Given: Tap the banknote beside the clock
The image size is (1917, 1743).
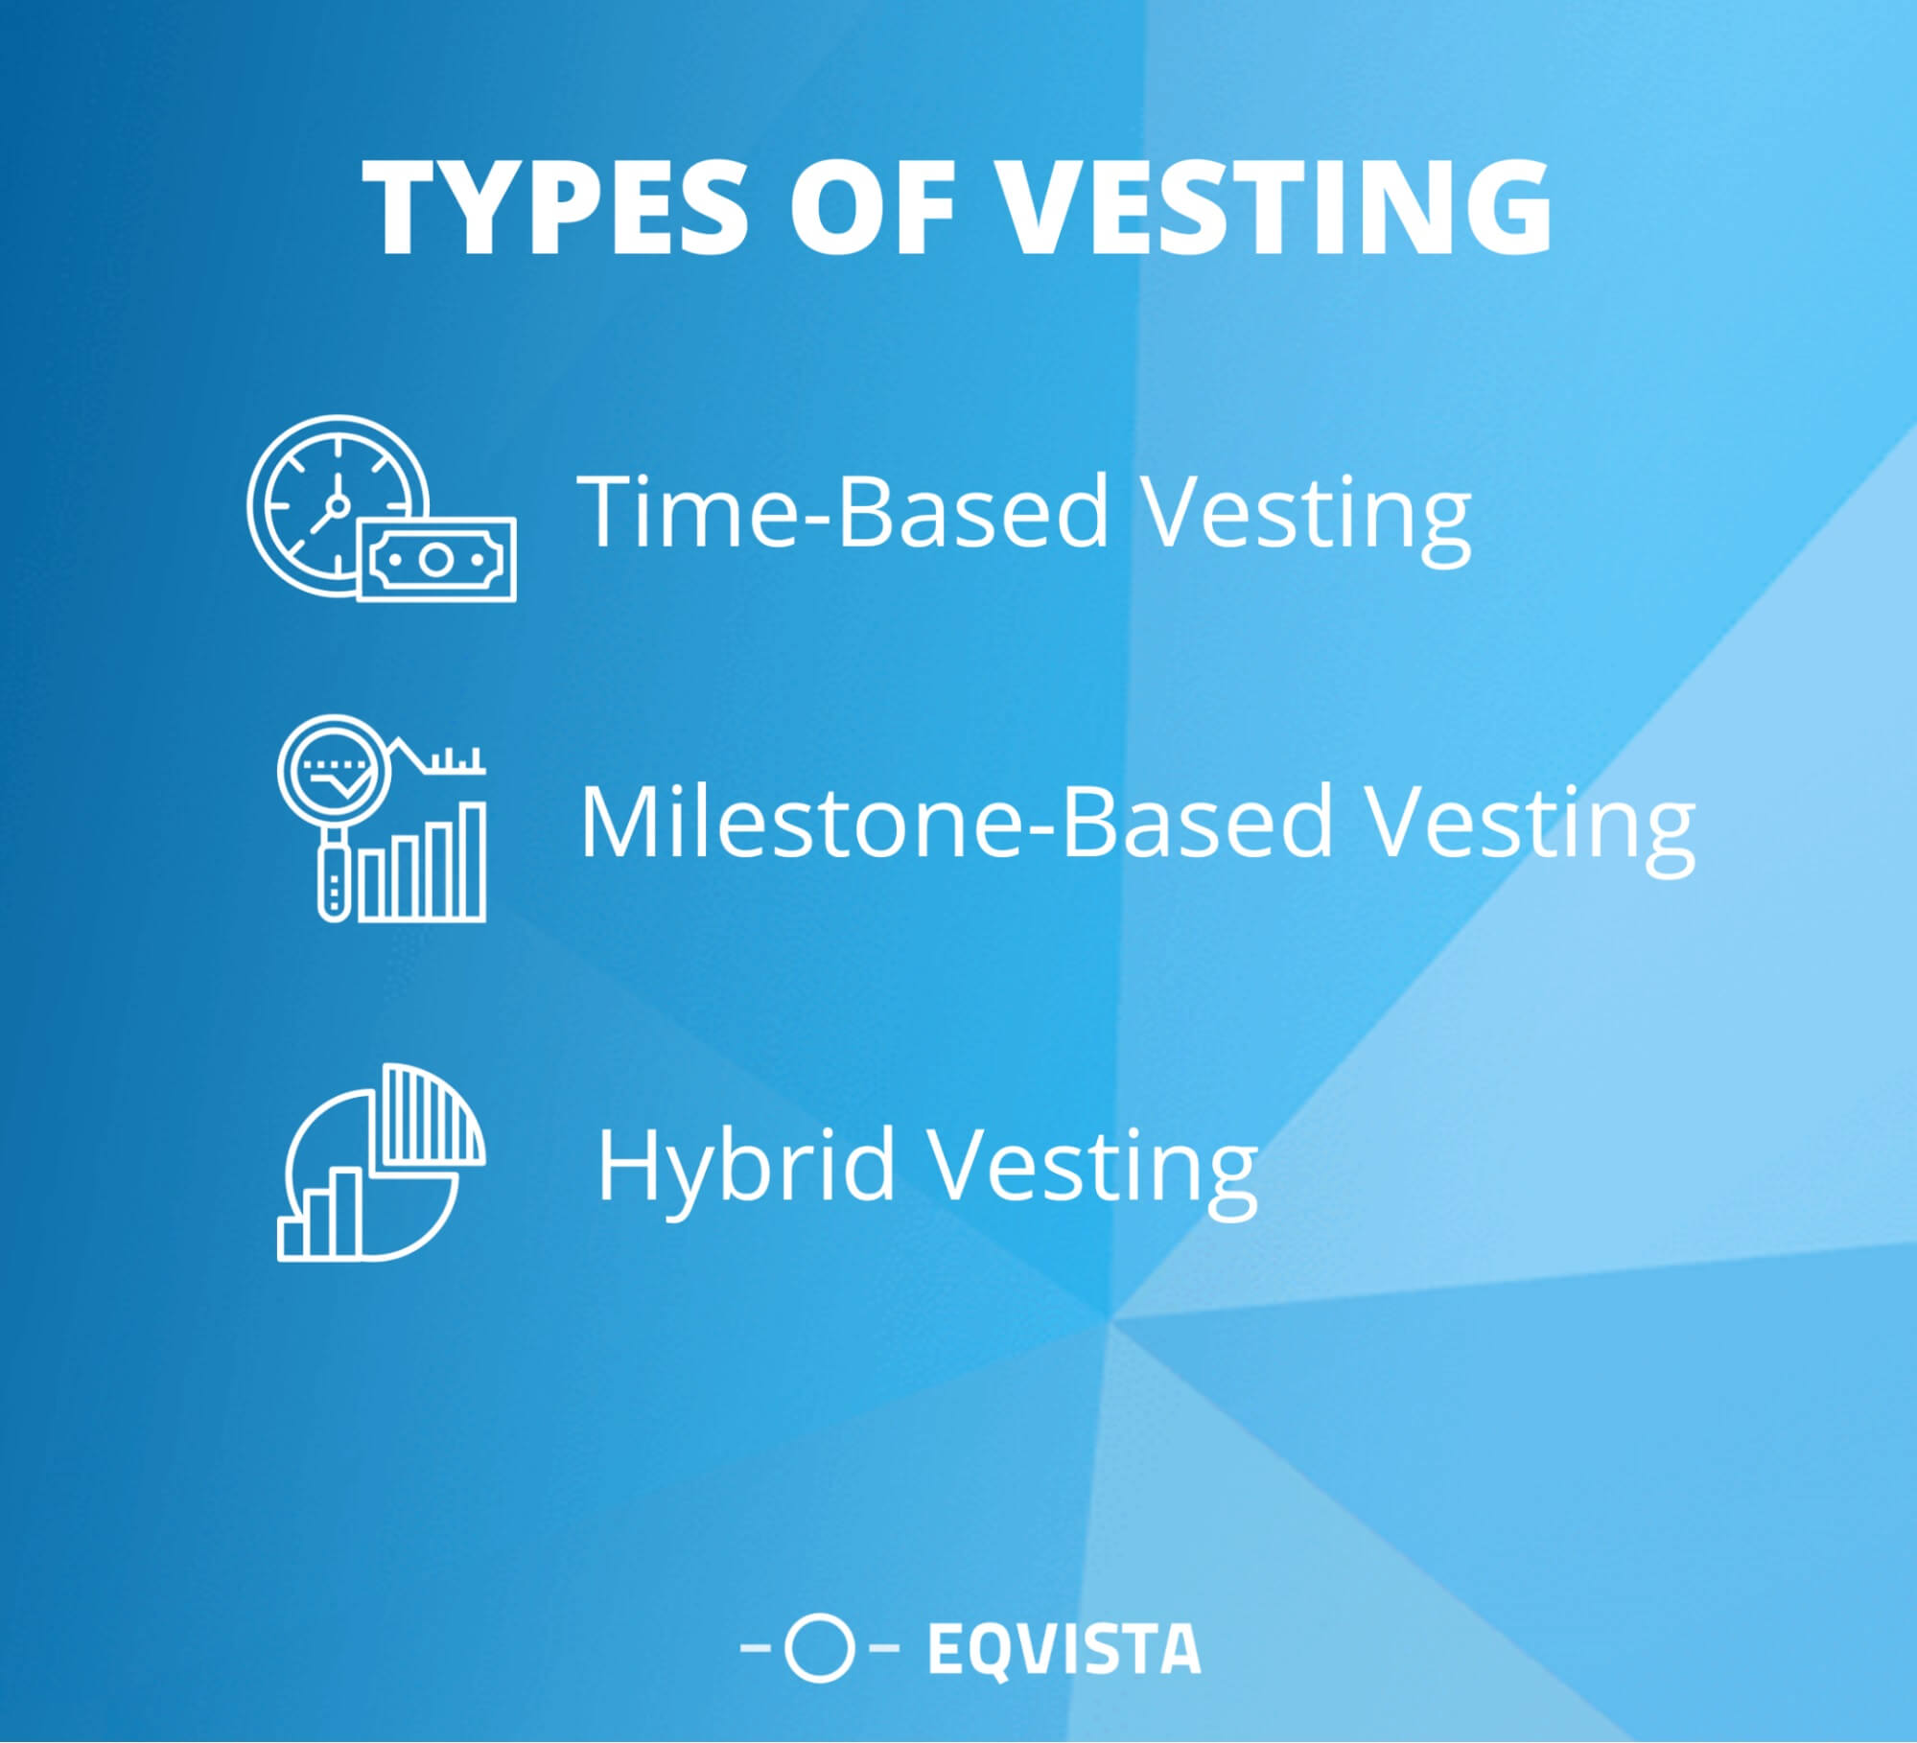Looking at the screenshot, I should (436, 560).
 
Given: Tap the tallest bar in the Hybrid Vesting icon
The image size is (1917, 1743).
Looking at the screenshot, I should (346, 1212).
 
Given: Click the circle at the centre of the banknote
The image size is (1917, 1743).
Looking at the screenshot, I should (435, 560).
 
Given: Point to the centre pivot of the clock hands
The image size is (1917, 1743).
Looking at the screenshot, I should (336, 504).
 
